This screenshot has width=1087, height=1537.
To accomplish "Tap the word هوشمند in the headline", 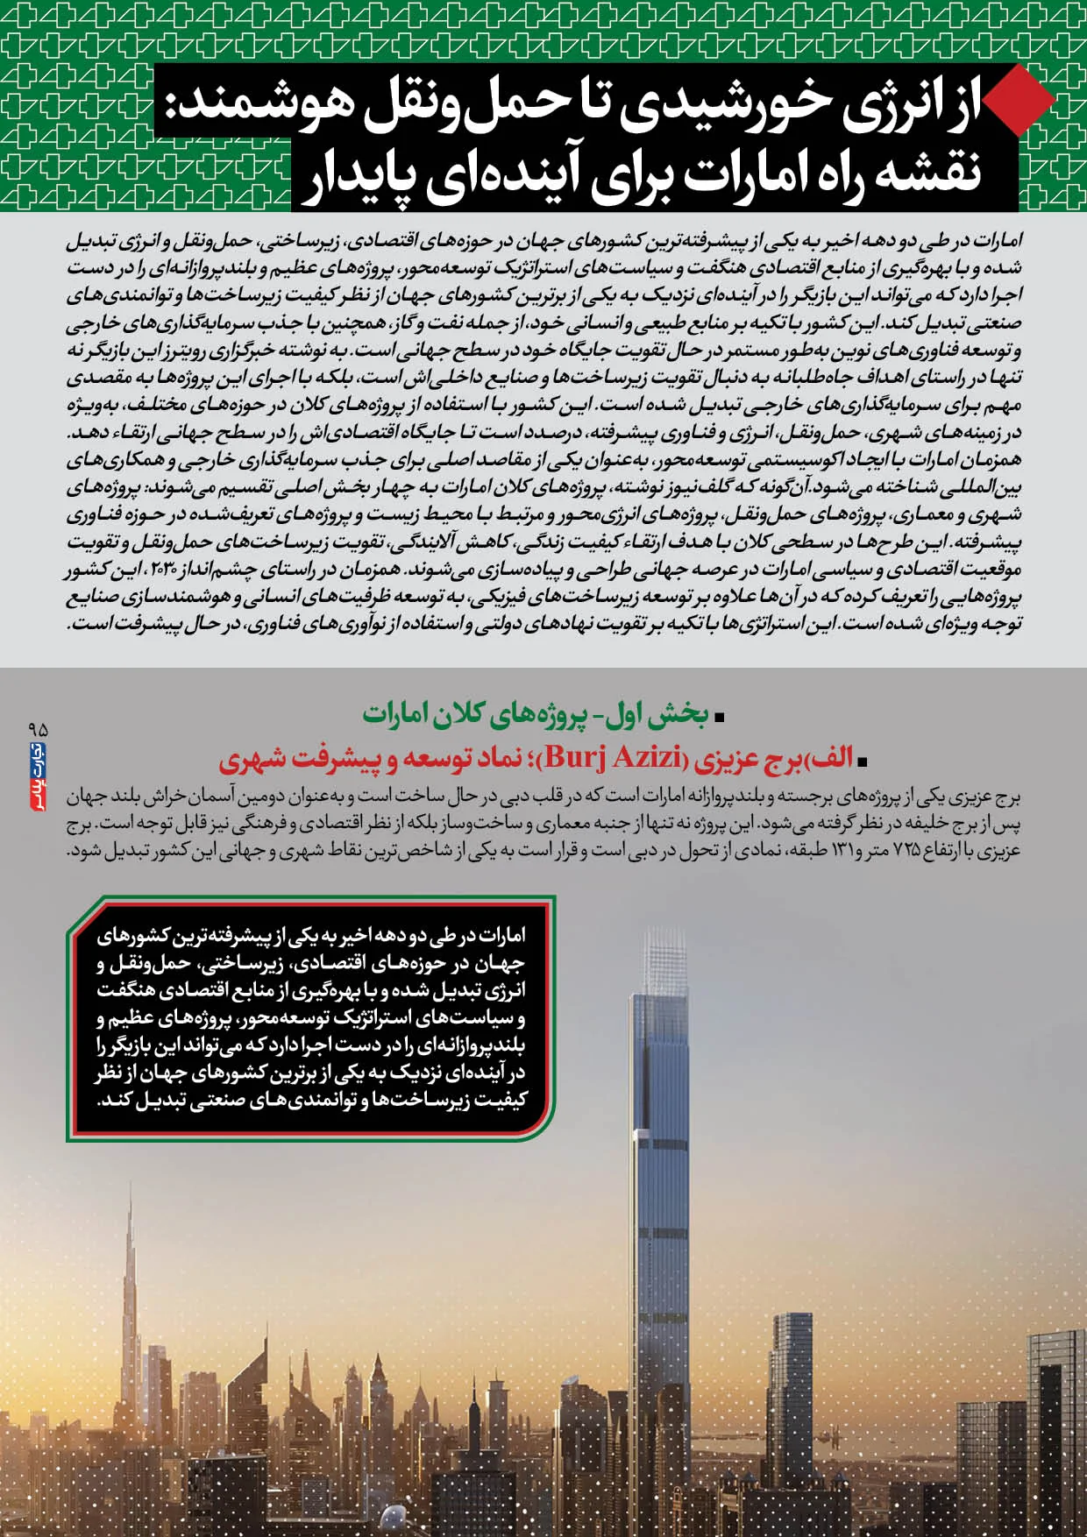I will click(x=250, y=103).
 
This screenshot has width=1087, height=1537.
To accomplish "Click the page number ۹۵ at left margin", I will click(x=38, y=729).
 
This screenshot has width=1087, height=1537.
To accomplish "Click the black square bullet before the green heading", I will click(x=720, y=717).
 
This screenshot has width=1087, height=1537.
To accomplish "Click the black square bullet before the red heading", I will click(x=863, y=761).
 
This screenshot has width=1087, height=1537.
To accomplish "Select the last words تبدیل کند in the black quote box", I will click(x=140, y=1100).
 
